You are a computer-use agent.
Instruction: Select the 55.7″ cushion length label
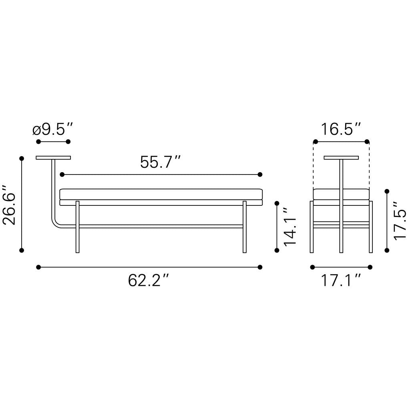tap(161, 163)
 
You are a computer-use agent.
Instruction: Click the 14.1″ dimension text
tap(289, 226)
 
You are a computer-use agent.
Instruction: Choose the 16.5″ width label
tap(341, 130)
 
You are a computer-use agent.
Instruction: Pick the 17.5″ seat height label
tap(400, 220)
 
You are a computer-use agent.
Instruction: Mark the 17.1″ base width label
tap(341, 281)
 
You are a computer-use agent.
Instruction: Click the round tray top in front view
tap(53, 158)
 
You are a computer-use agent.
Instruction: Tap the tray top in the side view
tap(341, 158)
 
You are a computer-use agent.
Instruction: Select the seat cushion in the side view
tap(341, 194)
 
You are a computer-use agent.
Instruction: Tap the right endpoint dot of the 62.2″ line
tap(260, 267)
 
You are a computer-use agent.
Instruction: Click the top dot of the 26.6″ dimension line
tap(22, 158)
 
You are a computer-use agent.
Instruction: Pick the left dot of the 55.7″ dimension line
tap(62, 175)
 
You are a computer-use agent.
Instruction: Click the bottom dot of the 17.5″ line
tap(387, 250)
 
